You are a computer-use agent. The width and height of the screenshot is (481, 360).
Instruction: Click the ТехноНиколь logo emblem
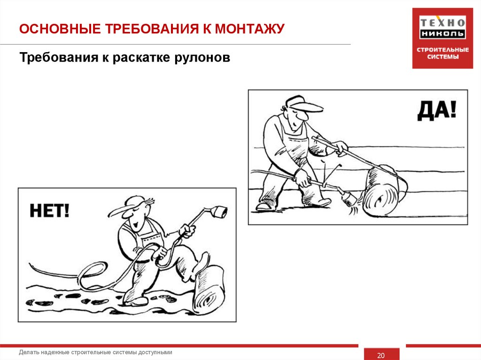pos(442,28)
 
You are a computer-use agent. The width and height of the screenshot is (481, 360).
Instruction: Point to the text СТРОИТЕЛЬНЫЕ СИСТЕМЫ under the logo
pos(442,54)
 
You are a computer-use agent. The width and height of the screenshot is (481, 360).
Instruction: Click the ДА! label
pos(436,112)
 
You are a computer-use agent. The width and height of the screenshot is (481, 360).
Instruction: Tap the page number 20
pos(381,355)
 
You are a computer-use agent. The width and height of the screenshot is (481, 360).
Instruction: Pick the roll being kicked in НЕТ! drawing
pos(209,290)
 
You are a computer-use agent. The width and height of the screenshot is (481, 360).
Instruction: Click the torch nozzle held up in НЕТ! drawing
pos(218,212)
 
